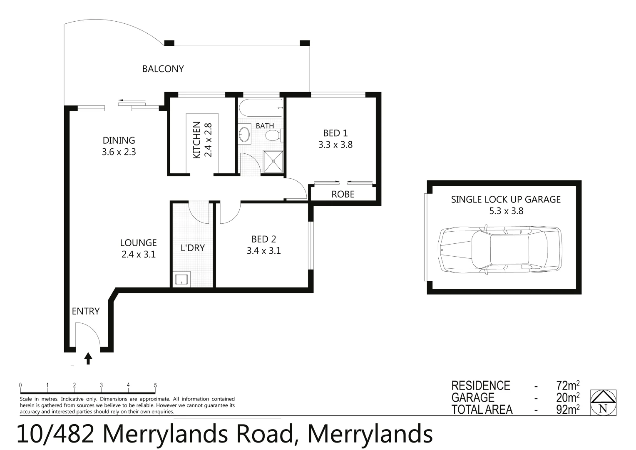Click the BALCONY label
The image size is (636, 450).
pyautogui.click(x=163, y=69)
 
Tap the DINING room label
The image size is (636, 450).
pyautogui.click(x=119, y=140)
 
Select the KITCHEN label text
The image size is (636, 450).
pyautogui.click(x=197, y=140)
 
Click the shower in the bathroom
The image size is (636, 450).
pyautogui.click(x=273, y=161)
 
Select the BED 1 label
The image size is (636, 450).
pyautogui.click(x=335, y=133)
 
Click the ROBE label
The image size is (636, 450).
pyautogui.click(x=343, y=194)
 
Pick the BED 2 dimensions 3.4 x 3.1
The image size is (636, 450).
pyautogui.click(x=263, y=251)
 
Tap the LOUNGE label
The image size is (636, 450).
pyautogui.click(x=138, y=242)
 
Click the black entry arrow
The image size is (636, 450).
pyautogui.click(x=88, y=358)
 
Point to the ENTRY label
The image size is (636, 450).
pyautogui.click(x=86, y=311)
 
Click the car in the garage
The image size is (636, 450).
pyautogui.click(x=500, y=248)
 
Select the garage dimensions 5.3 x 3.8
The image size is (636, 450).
pyautogui.click(x=506, y=211)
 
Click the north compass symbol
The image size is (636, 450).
pyautogui.click(x=603, y=402)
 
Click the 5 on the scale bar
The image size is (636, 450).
pyautogui.click(x=155, y=385)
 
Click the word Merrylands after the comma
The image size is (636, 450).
pyautogui.click(x=370, y=434)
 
